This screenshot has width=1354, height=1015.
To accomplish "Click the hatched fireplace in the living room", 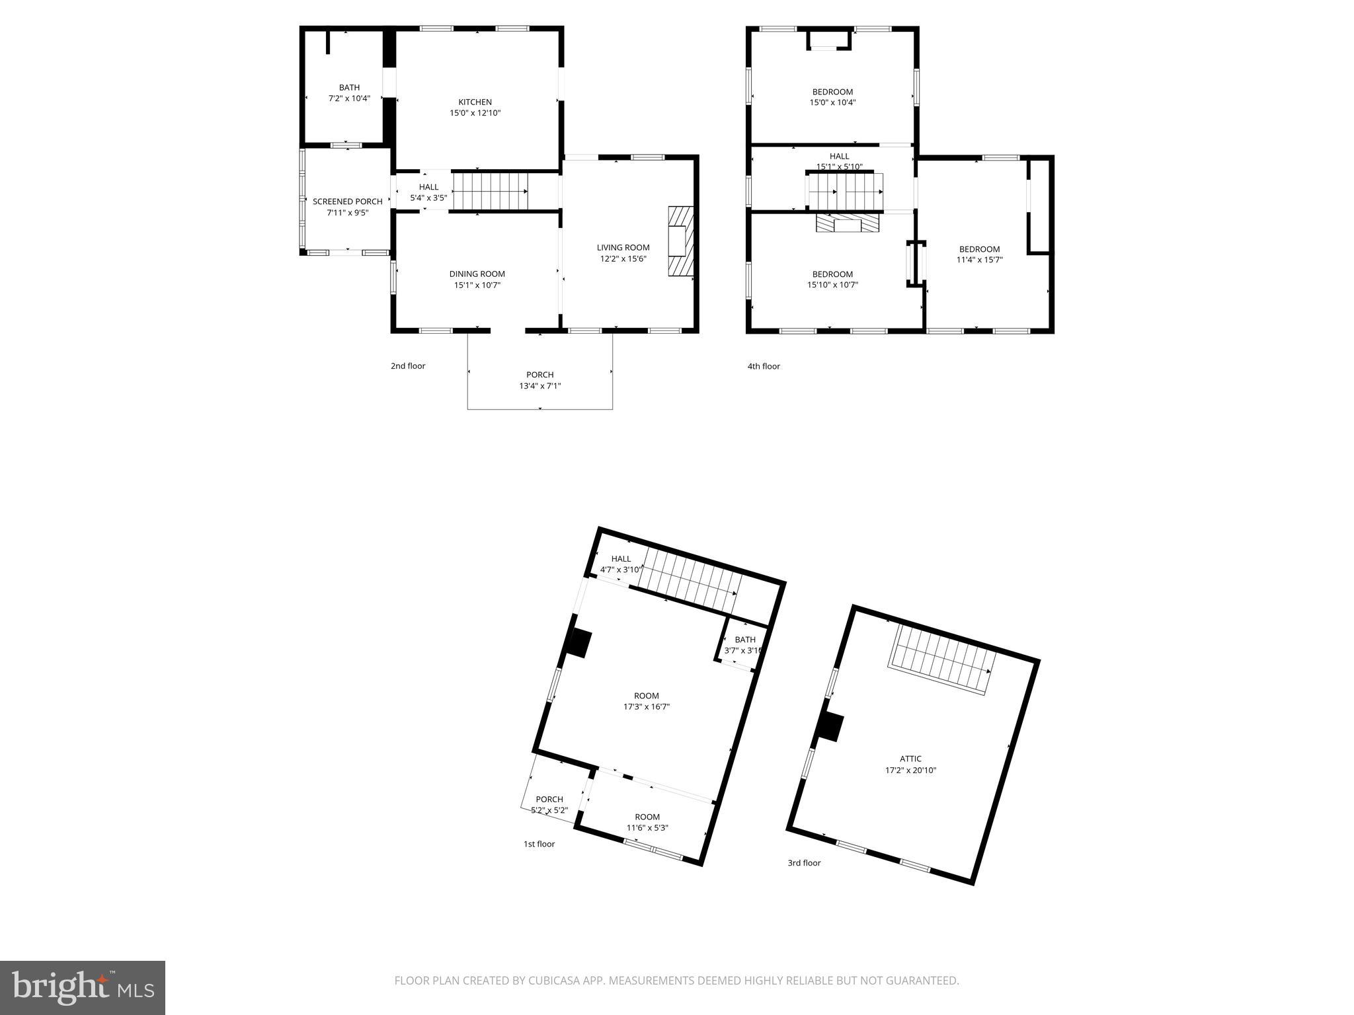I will click(680, 241).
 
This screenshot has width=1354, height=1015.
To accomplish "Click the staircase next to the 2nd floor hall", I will click(490, 192).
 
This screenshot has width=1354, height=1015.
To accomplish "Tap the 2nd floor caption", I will click(408, 366).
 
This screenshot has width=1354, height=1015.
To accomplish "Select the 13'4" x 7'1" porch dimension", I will click(539, 386).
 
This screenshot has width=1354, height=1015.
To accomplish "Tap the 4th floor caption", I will click(764, 366).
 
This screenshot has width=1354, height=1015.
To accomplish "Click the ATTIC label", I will click(910, 759).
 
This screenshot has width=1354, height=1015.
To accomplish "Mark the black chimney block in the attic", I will click(830, 727).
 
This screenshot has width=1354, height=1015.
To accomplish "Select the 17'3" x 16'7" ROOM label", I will click(646, 701).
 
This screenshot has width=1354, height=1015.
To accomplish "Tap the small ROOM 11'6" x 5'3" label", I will click(647, 822).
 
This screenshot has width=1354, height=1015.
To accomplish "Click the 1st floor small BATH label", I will click(744, 640).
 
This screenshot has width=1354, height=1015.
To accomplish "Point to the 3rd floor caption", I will click(804, 863).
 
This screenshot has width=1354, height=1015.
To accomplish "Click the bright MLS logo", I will click(83, 987).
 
